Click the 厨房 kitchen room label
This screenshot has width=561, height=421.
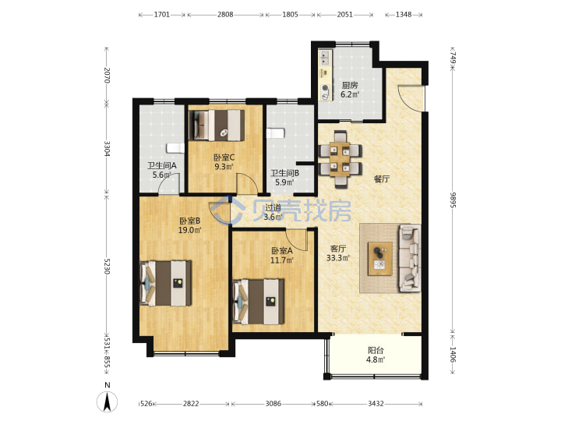[x=350, y=85]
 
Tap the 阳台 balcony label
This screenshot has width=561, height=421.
[x=376, y=351]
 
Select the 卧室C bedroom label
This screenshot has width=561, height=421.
[x=224, y=157]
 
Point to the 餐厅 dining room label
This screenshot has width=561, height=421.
[x=382, y=179]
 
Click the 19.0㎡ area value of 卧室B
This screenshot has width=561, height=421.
[x=189, y=230]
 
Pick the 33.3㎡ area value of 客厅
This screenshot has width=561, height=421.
[x=337, y=257]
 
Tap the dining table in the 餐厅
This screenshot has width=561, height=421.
[x=340, y=159]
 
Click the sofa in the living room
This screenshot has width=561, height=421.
[x=410, y=258]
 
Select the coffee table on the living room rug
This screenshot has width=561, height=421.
[x=380, y=259]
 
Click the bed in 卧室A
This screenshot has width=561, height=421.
[x=259, y=302]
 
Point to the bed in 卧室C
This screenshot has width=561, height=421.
[x=217, y=125]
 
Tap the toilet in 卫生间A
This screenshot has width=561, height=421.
[x=175, y=148]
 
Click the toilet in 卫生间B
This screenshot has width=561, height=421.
[x=275, y=133]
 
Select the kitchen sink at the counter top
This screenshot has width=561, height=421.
[x=325, y=58]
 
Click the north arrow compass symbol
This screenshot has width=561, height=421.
[x=107, y=402]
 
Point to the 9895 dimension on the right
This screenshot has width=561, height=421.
[x=452, y=200]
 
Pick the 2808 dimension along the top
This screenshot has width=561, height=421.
[x=225, y=15]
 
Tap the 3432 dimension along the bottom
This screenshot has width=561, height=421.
[x=376, y=404]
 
